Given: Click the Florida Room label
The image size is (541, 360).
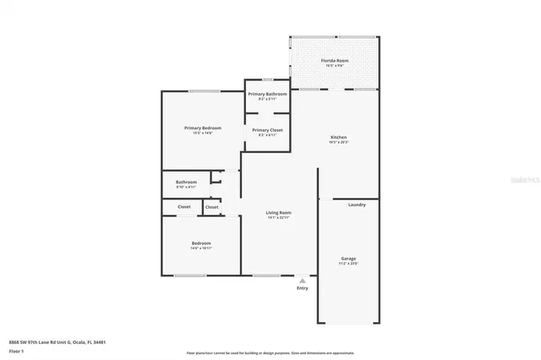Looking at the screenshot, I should coord(335,62).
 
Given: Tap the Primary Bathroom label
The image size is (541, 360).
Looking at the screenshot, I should coord(267,94).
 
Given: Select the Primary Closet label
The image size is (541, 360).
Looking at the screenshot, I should coord(267,129).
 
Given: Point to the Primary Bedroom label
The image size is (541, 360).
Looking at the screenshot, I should coord(202,128).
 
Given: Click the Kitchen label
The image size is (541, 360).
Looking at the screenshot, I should coord(338,137).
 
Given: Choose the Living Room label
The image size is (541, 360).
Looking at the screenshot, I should coord(278,212).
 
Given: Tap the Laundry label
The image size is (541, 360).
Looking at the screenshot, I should coord(357,205).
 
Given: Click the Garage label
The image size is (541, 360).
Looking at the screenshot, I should coord(347,259).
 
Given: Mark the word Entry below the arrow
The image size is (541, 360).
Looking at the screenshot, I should coord(303,288).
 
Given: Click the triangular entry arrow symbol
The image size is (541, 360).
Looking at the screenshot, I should coord(303,280).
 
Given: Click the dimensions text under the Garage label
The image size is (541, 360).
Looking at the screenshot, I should coord(347,265).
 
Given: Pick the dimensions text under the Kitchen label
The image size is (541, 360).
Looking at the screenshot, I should coord(338,143).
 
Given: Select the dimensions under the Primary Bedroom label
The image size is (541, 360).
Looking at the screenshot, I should coord(202,133).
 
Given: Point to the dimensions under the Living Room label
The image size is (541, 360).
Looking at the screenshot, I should coord(278,218).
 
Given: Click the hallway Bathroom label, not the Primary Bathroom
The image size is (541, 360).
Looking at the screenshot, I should coord(186,182).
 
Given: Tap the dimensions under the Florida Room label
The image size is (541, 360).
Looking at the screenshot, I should coord(335,67).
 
